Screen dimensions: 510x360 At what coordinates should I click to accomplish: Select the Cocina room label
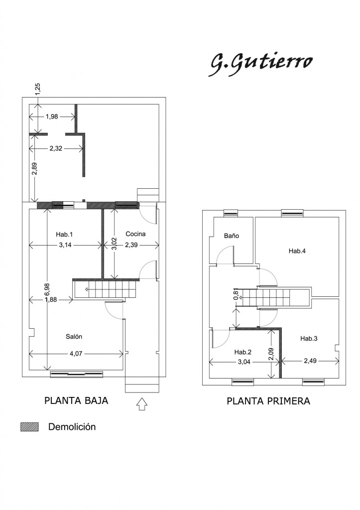(x=135, y=234)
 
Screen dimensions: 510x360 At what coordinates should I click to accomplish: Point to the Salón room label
(x=74, y=337)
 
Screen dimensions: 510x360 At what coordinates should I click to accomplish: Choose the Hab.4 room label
(x=297, y=251)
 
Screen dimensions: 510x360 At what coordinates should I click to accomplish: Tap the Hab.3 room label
(x=309, y=339)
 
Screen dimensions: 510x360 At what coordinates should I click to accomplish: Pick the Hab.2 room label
(x=243, y=352)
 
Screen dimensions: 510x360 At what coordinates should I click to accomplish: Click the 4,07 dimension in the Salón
(x=76, y=354)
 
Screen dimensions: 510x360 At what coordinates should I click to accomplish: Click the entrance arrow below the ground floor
(x=142, y=404)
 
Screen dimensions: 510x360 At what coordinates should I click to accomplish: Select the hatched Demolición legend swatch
(x=29, y=427)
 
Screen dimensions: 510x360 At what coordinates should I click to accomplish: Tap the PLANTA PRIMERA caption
(x=268, y=401)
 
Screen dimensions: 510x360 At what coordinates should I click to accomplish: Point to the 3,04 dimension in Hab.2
(x=243, y=362)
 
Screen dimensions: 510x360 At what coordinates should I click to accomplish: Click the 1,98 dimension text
(x=52, y=117)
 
